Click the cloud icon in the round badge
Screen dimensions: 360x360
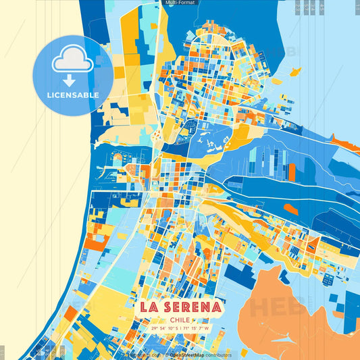tap(72, 61)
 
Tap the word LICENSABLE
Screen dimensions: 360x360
tap(72, 95)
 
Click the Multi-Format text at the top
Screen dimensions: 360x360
tap(180, 3)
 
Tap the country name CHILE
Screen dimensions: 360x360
tap(180, 320)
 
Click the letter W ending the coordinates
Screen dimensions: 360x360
tap(208, 328)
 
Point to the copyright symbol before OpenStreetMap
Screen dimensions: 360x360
tap(166, 355)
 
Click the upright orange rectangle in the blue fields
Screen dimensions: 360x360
tap(292, 172)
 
